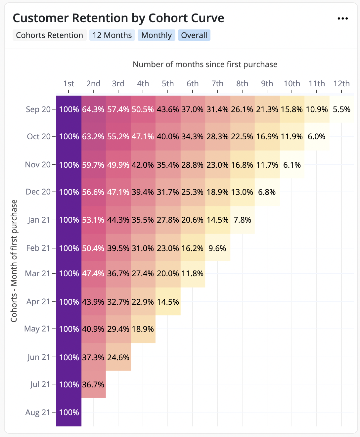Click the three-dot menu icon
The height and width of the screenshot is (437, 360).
click(342, 19)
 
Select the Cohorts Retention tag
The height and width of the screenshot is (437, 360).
click(50, 35)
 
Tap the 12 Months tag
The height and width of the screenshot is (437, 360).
click(112, 35)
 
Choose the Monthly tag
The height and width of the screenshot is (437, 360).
click(157, 35)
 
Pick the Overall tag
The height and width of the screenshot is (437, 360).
click(194, 35)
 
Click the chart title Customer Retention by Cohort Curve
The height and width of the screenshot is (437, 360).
click(118, 18)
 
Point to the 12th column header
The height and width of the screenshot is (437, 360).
click(341, 83)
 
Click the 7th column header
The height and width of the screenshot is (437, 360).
click(217, 83)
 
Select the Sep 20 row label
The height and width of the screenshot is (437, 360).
click(38, 109)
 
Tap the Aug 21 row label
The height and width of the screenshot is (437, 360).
click(38, 412)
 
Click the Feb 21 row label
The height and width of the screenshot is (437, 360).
click(38, 248)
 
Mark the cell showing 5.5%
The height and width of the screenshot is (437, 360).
click(341, 109)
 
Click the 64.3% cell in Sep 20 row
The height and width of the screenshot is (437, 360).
click(93, 109)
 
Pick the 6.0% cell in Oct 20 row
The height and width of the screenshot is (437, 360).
click(317, 137)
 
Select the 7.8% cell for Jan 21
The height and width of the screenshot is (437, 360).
click(242, 220)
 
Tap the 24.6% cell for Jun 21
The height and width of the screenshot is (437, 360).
click(118, 357)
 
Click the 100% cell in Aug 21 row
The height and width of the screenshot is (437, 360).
click(69, 412)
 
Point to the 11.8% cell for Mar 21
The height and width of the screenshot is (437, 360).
click(193, 274)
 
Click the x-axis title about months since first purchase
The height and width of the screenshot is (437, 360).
click(205, 64)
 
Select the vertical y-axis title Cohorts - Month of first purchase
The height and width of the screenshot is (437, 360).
click(14, 261)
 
